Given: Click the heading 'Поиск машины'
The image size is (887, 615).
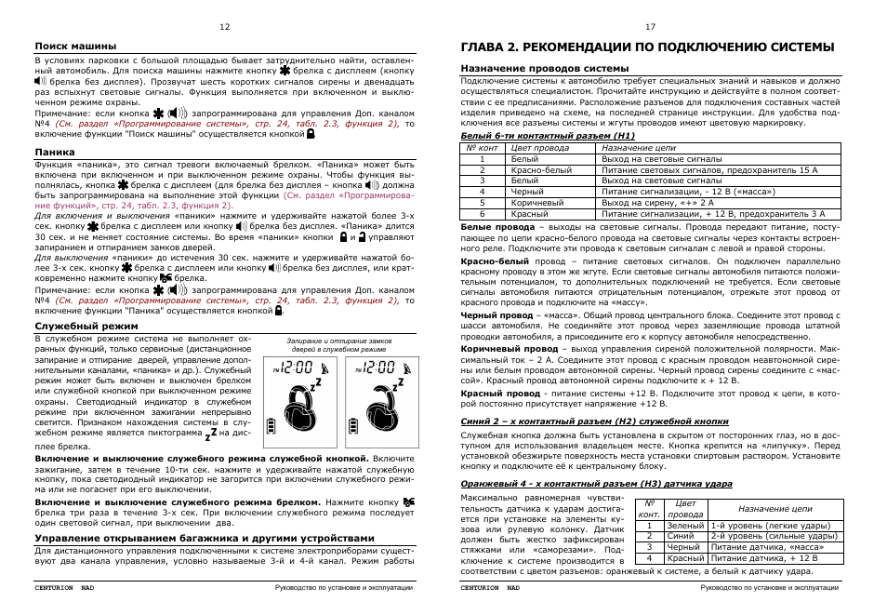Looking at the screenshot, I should click(75, 46).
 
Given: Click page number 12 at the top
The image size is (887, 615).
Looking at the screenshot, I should click(224, 27).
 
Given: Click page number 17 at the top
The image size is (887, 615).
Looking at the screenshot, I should click(650, 27).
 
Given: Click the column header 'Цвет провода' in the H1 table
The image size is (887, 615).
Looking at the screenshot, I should click(540, 147).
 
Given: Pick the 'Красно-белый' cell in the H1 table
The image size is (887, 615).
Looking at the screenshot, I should click(542, 170).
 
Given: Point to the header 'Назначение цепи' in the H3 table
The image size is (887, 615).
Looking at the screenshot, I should click(774, 509).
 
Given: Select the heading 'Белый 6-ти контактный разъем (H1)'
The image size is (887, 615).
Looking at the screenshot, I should click(548, 136).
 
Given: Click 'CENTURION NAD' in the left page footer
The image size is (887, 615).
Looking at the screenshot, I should click(65, 588).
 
